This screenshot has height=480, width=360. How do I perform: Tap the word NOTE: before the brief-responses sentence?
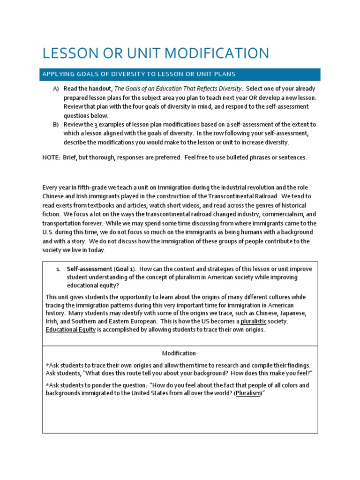point(50,157)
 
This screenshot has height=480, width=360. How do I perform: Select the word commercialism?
point(276,215)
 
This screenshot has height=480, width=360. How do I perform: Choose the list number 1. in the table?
point(58,269)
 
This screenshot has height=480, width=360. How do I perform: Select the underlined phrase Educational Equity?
point(70,330)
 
